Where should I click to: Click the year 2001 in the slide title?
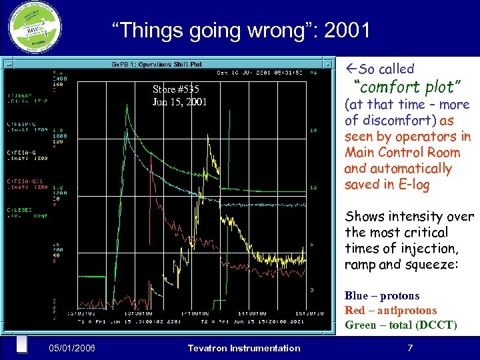[347, 30]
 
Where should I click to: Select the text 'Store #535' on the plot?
[175, 89]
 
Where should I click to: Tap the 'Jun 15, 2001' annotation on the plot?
[179, 102]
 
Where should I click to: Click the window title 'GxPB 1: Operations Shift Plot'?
[157, 65]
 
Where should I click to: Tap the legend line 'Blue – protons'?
[382, 296]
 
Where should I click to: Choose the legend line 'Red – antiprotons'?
[390, 311]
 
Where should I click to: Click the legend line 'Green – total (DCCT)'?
[400, 325]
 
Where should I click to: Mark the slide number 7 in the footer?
[410, 347]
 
